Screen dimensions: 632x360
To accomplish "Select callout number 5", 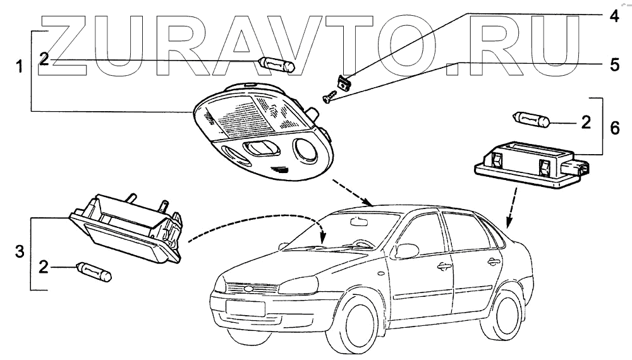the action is (x=613, y=64).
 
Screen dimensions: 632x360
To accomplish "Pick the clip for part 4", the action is (x=343, y=83).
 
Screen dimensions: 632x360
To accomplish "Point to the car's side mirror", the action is (x=407, y=251).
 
